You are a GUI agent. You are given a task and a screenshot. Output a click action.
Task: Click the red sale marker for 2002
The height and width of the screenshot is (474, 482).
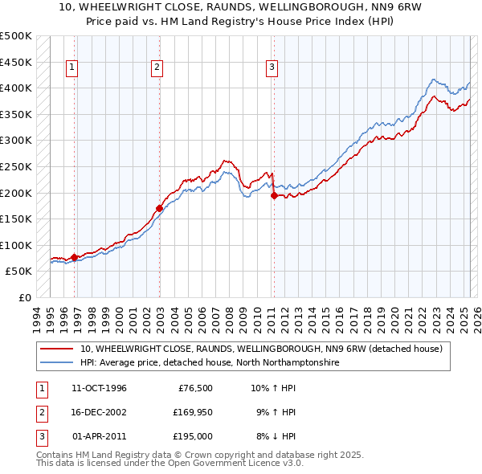pyautogui.click(x=159, y=209)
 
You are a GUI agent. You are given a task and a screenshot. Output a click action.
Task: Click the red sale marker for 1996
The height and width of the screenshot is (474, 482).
pyautogui.click(x=75, y=257)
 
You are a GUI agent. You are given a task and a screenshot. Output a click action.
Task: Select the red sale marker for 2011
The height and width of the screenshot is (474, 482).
pyautogui.click(x=274, y=195)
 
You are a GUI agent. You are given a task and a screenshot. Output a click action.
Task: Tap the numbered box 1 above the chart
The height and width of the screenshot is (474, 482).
pyautogui.click(x=72, y=68)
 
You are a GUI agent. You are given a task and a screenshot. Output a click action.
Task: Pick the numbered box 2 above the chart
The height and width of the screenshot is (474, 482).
pyautogui.click(x=157, y=68)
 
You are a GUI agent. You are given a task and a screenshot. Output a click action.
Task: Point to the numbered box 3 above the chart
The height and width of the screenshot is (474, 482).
pyautogui.click(x=272, y=68)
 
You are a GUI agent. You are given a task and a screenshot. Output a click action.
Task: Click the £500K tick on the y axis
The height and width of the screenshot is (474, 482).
pyautogui.click(x=16, y=36)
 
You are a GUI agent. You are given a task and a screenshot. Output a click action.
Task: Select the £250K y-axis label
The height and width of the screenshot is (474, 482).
pyautogui.click(x=16, y=166)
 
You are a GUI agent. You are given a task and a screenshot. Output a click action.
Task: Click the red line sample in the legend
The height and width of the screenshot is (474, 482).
pyautogui.click(x=57, y=349)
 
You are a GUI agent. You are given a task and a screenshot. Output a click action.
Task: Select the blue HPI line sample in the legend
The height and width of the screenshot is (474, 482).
pyautogui.click(x=57, y=363)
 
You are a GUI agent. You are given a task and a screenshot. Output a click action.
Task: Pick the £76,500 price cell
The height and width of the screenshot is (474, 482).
pyautogui.click(x=195, y=388)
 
